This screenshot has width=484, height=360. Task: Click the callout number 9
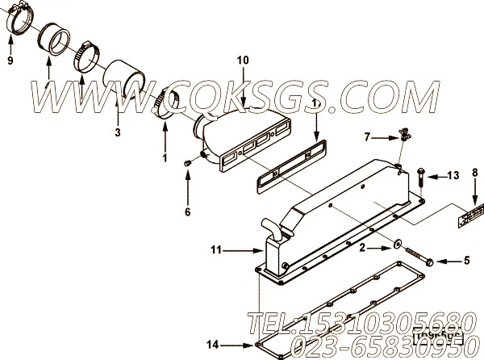point(10,61)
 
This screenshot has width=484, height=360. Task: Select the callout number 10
point(243,60)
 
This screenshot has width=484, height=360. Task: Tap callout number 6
point(187,212)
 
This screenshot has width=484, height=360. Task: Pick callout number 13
point(453,175)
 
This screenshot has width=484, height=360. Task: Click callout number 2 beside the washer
point(362,247)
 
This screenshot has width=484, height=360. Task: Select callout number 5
point(465,260)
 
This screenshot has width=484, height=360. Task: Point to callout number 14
point(212,345)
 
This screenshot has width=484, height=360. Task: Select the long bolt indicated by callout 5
point(419,257)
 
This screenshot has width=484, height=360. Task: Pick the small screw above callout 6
point(187,163)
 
